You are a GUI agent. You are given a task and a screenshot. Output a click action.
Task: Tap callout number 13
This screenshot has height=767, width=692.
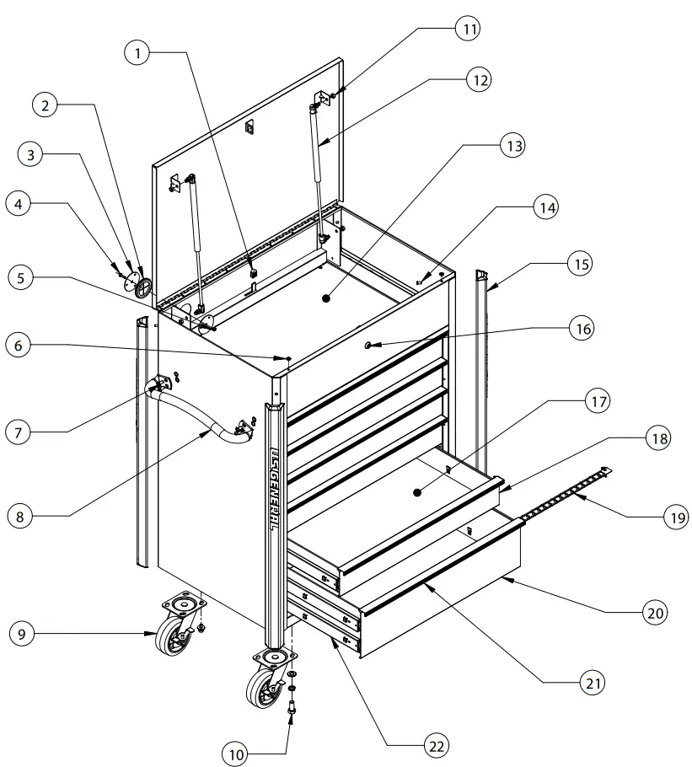512,146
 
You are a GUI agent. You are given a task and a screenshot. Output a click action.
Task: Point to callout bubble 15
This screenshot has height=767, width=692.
578,264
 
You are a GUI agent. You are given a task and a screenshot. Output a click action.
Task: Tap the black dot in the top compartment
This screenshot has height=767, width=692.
326,298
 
